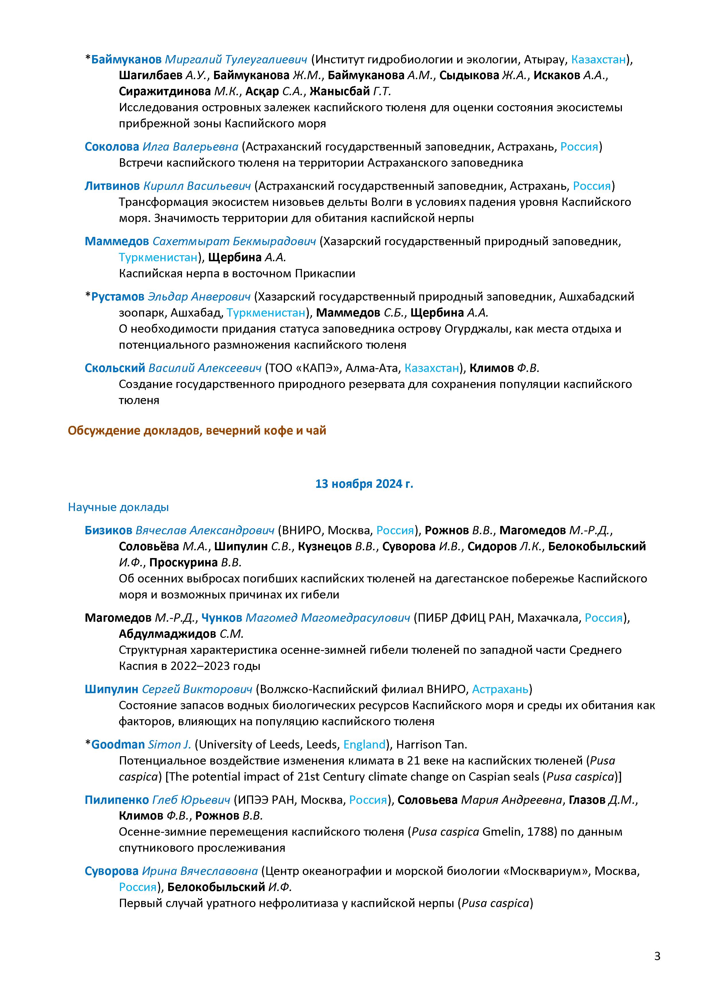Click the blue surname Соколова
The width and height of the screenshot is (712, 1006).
click(x=112, y=147)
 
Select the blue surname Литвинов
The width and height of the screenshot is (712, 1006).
click(x=112, y=186)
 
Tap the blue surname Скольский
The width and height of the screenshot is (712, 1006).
click(x=115, y=368)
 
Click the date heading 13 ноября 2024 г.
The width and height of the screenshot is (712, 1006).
click(x=364, y=484)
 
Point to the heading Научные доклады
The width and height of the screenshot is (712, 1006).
click(x=118, y=507)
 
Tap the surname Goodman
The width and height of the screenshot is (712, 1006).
click(x=118, y=744)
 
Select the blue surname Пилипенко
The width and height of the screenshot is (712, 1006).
click(x=117, y=800)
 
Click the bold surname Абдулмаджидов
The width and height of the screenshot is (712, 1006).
click(x=167, y=634)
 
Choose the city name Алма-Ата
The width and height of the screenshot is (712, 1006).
click(x=373, y=368)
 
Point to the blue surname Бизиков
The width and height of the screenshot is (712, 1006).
click(x=108, y=531)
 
